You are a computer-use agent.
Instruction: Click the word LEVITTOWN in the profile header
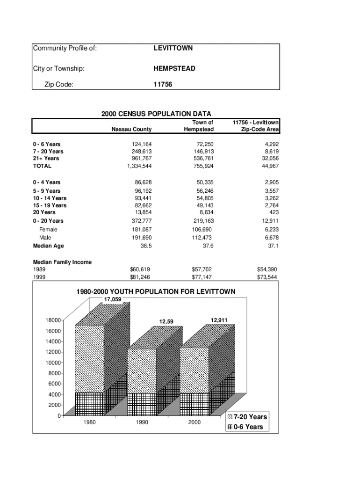tap(173, 49)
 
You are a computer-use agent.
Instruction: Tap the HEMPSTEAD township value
tap(174, 69)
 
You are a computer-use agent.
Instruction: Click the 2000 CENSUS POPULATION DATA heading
tap(156, 114)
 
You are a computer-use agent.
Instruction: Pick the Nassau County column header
tap(131, 129)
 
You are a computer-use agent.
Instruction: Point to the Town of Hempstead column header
tap(199, 126)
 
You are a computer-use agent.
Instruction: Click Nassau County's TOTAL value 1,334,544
tap(136, 166)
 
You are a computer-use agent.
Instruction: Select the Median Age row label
tap(48, 246)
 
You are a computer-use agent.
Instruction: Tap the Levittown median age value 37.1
tap(272, 246)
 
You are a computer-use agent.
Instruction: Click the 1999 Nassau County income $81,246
tap(140, 277)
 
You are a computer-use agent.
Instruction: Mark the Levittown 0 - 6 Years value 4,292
tap(271, 145)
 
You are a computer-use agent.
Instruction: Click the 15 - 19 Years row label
tap(50, 205)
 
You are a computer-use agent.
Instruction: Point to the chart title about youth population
tap(156, 292)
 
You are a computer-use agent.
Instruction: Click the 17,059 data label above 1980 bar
tap(113, 299)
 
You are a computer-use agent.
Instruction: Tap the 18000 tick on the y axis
tap(53, 320)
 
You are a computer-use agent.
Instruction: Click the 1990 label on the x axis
tap(140, 422)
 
